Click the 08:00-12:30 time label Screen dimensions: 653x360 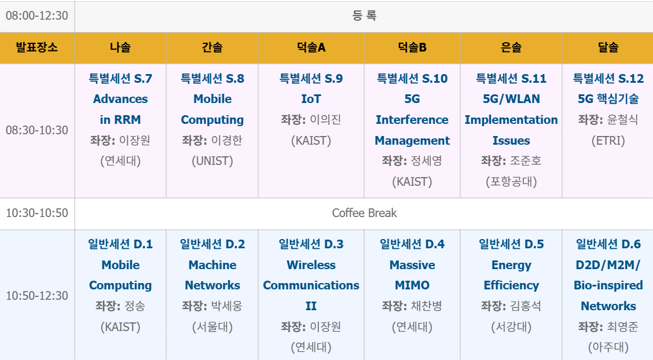[36, 16]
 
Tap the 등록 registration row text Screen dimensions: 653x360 [364, 16]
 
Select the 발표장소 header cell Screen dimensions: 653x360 [36, 47]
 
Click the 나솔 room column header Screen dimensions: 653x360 [120, 47]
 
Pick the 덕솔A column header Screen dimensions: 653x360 [311, 47]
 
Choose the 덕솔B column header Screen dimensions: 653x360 [412, 47]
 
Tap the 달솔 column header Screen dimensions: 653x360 [608, 47]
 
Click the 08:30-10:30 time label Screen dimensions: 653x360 [36, 130]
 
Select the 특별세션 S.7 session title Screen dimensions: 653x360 [120, 79]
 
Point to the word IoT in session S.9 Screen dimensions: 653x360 [311, 99]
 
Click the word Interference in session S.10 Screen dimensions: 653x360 [412, 120]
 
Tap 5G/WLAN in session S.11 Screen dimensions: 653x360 [511, 99]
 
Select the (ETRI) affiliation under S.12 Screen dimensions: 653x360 [608, 141]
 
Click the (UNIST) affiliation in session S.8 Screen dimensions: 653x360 [212, 161]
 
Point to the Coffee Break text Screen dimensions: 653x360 [364, 213]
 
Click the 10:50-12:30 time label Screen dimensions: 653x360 [36, 296]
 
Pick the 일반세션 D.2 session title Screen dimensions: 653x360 [212, 244]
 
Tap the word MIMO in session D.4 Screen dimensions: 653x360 [412, 285]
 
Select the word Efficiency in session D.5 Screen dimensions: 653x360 [511, 285]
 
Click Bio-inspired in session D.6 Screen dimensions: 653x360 [608, 285]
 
